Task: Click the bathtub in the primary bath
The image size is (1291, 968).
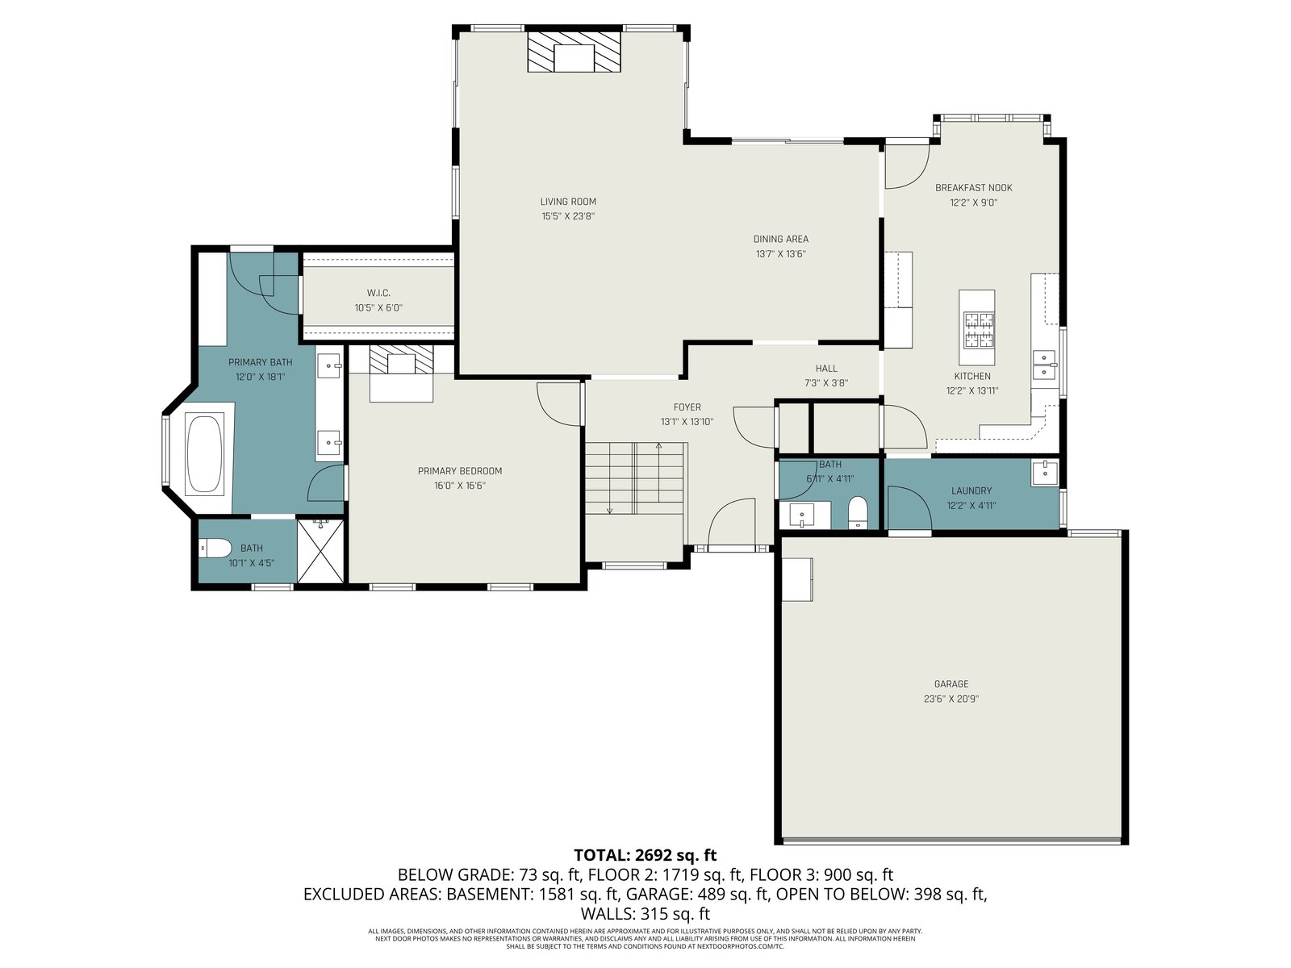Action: (x=204, y=453)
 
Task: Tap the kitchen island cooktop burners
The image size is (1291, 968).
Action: (x=977, y=329)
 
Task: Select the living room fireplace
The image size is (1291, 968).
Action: (x=574, y=52)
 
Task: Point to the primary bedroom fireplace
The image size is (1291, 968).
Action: (x=401, y=360)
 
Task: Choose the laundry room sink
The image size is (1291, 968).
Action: (x=1045, y=474)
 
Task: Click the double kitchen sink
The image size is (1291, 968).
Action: (x=1044, y=365)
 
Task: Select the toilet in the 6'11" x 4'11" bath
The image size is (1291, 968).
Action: (x=859, y=512)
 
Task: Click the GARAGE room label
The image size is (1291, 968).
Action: (x=951, y=684)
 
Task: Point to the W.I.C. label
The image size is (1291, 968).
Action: (x=378, y=293)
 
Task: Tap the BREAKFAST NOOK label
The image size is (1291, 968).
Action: (x=974, y=188)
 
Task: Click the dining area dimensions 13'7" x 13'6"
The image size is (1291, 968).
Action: (x=780, y=254)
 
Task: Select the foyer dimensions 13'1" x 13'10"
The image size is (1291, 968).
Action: (x=687, y=421)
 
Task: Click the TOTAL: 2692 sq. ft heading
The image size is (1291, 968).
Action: (x=645, y=854)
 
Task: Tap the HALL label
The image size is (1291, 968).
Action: (x=826, y=369)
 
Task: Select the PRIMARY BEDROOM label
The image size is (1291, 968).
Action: (x=460, y=471)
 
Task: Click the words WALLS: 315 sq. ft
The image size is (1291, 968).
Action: (x=645, y=914)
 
